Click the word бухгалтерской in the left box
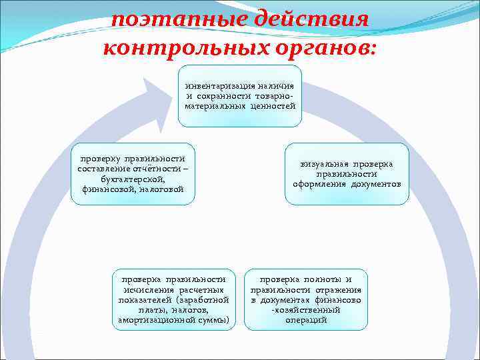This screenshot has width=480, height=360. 132,179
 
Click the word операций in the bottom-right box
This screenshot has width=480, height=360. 306,320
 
